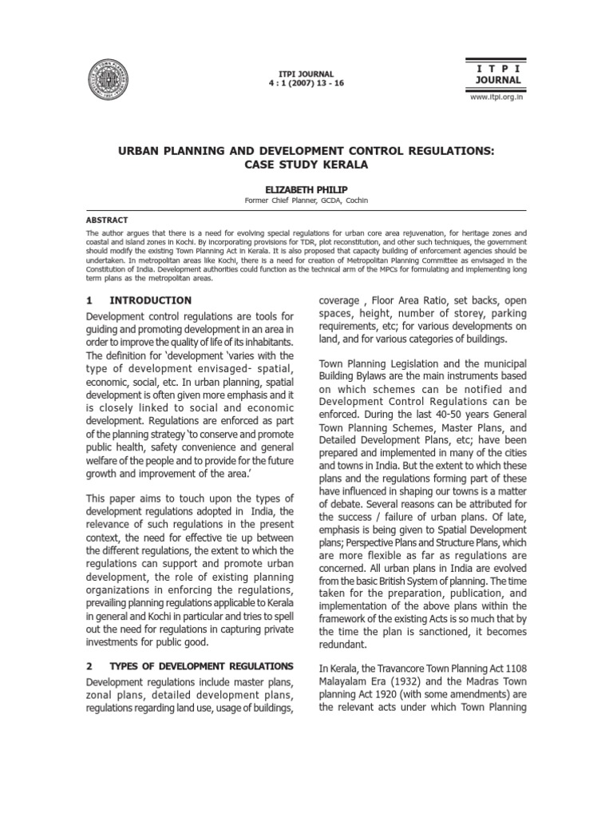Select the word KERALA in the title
tap(334, 165)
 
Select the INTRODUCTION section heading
tap(150, 300)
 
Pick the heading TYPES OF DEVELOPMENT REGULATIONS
tap(200, 665)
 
